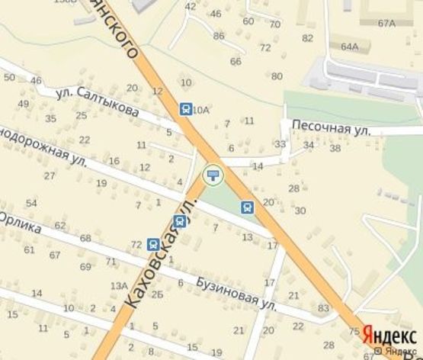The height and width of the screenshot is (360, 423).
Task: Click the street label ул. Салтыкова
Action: click(98, 102)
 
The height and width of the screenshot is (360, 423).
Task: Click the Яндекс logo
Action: click(389, 335)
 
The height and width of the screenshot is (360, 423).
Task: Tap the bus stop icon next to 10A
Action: click(185, 109)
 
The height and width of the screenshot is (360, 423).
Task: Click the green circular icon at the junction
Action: click(213, 176)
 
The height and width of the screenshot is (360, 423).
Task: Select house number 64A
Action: click(349, 47)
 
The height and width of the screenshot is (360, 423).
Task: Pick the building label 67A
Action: click(386, 24)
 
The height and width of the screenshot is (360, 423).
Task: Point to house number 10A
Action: click(201, 111)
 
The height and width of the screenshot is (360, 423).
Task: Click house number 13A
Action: click(119, 286)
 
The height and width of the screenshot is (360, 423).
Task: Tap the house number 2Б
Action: click(157, 294)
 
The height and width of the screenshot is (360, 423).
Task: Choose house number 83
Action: click(323, 308)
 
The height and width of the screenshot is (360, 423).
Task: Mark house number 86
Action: click(220, 36)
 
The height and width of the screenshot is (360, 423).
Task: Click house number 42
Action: click(191, 7)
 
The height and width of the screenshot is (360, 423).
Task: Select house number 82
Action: click(308, 37)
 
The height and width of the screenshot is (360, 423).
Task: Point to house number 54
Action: click(31, 203)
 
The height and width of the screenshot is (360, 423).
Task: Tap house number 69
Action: click(85, 267)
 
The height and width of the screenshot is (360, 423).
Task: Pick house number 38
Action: click(335, 148)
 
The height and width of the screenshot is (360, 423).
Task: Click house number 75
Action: click(354, 331)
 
